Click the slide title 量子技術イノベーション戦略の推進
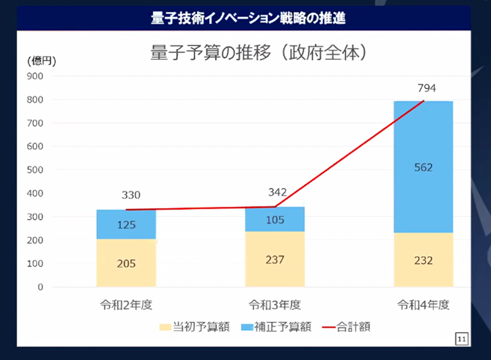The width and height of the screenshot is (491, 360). pos(248,18)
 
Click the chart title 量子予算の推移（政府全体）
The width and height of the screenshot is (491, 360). pos(258,53)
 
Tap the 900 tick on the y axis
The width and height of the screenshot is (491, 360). pos(35,76)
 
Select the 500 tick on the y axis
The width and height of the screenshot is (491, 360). pos(35,170)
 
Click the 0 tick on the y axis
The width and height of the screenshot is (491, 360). pos(40,287)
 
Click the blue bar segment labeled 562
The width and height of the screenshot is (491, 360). pos(423,167)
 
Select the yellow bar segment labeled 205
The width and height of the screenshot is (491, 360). pos(126,264)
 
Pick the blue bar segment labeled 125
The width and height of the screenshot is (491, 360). pos(126,225)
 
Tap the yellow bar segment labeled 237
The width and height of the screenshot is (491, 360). pos(274,259)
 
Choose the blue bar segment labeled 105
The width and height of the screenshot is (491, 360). pos(274,219)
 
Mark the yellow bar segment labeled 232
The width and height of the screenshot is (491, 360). pos(423,260)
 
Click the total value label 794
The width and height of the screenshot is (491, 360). pos(427,88)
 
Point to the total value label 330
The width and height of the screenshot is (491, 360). pos(131,195)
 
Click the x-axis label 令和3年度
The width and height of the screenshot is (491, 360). pos(275,304)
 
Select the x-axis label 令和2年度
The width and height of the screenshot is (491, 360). pos(126,304)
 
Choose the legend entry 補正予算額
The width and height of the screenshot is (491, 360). pos(276,327)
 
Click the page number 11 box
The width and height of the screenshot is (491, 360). pos(462,338)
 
